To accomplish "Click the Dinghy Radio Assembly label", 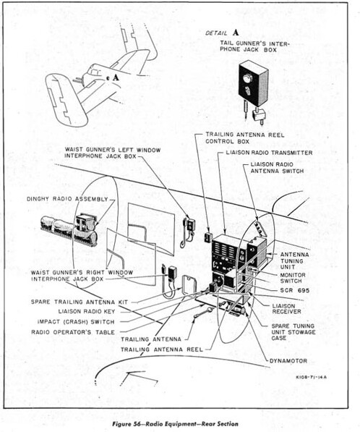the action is click(x=67, y=199).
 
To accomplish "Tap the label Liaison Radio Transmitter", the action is click(x=269, y=153).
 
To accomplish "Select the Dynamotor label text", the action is click(x=288, y=360).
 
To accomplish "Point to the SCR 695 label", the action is click(x=295, y=290).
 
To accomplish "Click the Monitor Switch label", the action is click(x=293, y=278).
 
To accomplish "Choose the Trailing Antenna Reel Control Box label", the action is click(x=245, y=138).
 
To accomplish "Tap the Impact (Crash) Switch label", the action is click(x=76, y=322).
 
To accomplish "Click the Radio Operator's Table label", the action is click(x=73, y=332).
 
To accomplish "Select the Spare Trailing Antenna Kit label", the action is click(x=80, y=302).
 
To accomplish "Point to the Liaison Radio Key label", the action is click(x=87, y=312).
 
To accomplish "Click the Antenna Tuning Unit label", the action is click(x=294, y=261).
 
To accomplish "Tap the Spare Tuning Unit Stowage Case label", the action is click(x=293, y=331).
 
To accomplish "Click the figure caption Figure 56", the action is click(x=176, y=424).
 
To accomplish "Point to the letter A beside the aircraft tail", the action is click(x=116, y=77).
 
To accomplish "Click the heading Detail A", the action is click(x=222, y=33).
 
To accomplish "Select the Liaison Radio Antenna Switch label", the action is click(x=277, y=167).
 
